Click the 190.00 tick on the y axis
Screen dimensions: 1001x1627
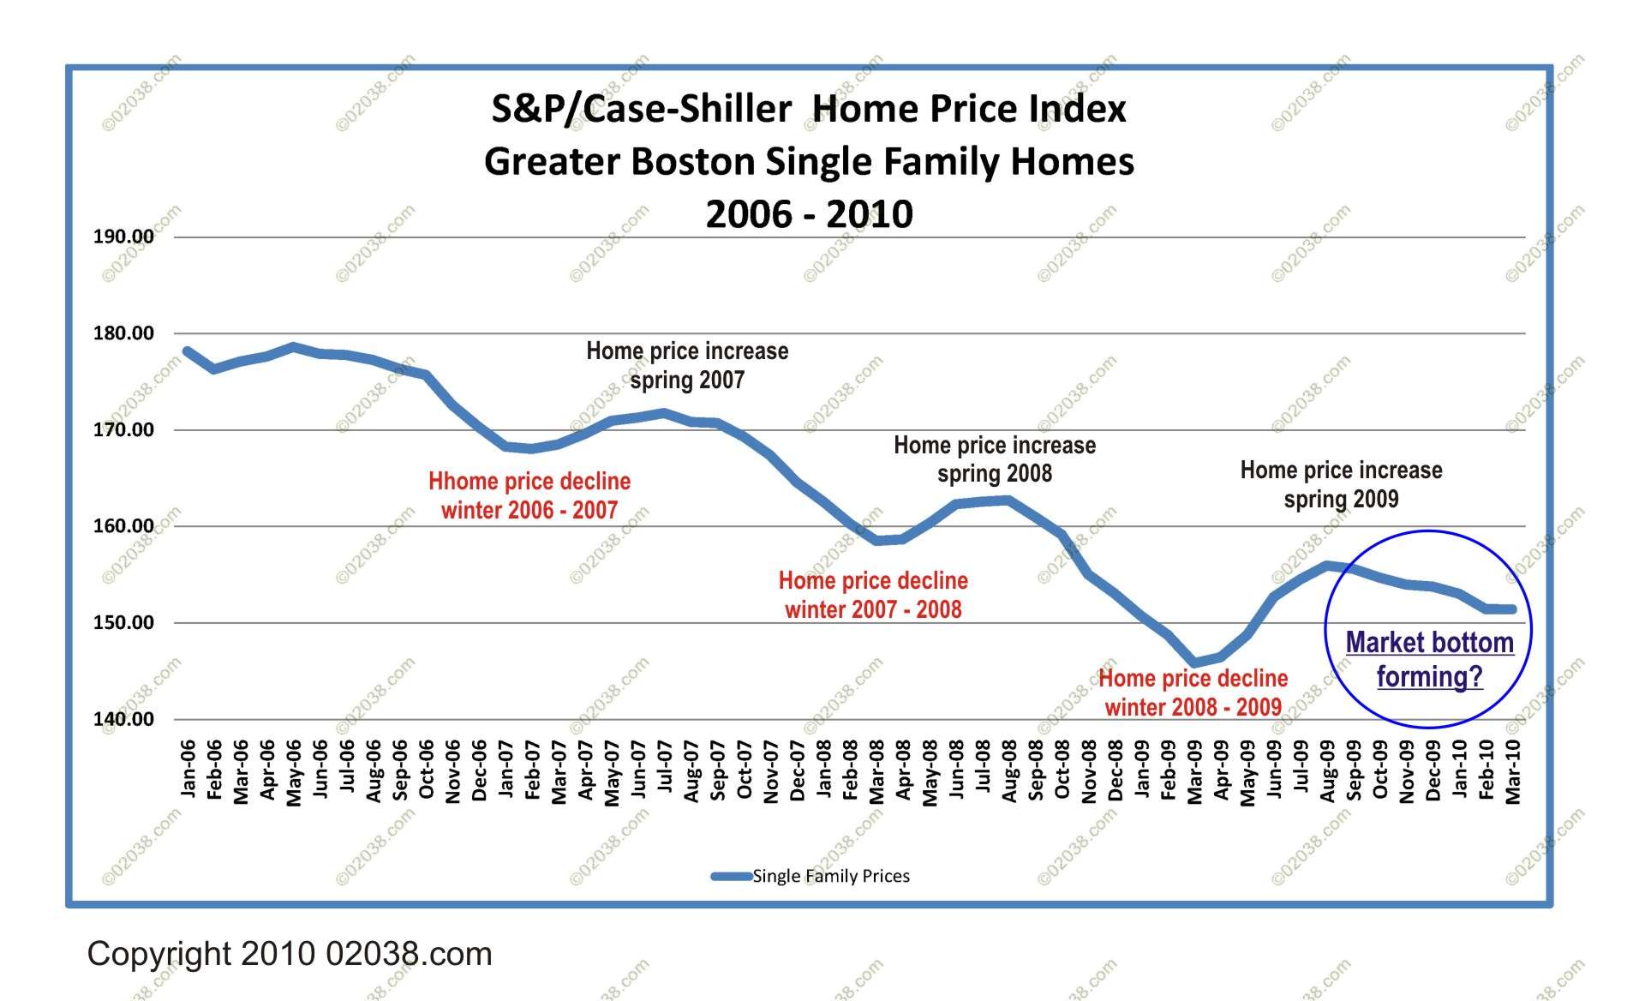(x=123, y=237)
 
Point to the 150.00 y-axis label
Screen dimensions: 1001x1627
(x=123, y=623)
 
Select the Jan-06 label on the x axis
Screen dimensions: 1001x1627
(x=188, y=770)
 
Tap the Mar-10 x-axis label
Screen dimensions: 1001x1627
(x=1513, y=772)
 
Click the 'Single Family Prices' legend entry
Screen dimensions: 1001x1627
(x=830, y=876)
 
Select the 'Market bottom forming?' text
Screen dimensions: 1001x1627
(x=1429, y=659)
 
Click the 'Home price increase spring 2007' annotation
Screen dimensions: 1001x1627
(x=687, y=365)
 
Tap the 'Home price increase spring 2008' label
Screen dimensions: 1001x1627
(x=995, y=459)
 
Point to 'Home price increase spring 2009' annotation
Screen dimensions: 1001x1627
(x=1341, y=484)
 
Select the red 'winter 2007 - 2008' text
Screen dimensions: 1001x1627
(x=873, y=610)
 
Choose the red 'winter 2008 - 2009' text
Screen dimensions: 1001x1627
(x=1193, y=708)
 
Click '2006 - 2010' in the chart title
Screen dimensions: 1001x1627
(x=809, y=213)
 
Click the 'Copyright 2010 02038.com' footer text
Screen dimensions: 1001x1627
(x=290, y=954)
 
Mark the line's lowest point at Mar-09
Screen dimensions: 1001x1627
(x=1195, y=662)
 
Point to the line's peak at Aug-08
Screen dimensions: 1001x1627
(x=1009, y=500)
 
